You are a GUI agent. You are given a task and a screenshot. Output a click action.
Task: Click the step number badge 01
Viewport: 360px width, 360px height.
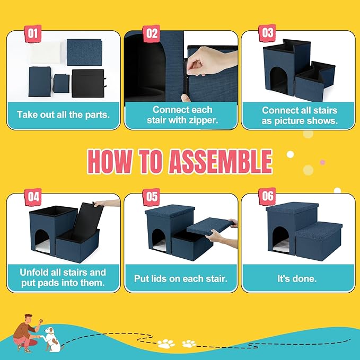(x=33, y=33)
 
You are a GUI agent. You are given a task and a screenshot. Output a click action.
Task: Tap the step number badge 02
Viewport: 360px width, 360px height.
(x=152, y=33)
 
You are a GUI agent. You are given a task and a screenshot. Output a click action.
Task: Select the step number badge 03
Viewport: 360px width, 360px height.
(x=267, y=33)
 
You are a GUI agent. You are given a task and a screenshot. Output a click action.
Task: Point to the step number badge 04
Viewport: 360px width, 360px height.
(x=33, y=197)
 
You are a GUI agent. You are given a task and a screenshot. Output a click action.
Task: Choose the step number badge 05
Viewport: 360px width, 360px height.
(x=151, y=197)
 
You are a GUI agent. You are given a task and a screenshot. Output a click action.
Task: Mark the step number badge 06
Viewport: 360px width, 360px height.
(x=267, y=197)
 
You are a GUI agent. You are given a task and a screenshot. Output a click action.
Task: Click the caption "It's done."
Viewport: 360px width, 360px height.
(x=297, y=279)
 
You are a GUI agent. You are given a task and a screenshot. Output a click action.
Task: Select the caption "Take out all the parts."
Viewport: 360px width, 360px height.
(x=63, y=115)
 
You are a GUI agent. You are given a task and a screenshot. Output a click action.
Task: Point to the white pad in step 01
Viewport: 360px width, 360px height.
(x=46, y=53)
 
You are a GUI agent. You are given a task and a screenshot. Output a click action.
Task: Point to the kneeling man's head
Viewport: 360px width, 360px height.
(x=29, y=319)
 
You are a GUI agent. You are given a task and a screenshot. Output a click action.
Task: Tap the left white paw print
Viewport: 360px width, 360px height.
(x=166, y=344)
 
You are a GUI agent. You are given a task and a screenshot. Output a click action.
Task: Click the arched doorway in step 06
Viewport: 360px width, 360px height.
(x=280, y=239)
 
